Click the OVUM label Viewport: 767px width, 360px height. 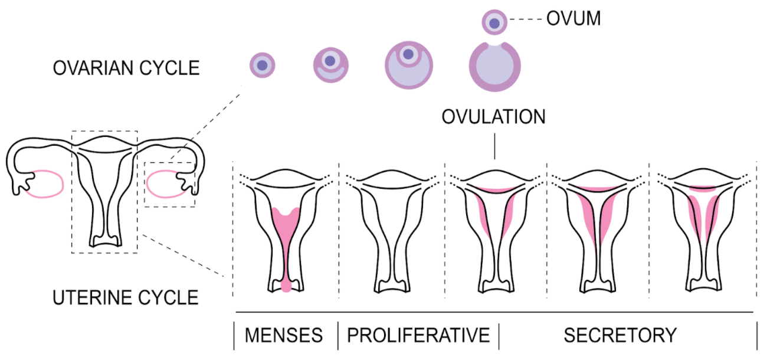573,19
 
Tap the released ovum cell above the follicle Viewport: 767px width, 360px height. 494,23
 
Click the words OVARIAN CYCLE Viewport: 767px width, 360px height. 126,68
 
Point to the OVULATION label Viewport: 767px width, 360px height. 494,117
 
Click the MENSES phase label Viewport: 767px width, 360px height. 284,335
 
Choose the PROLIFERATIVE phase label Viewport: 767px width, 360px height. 418,335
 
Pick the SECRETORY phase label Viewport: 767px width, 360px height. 619,335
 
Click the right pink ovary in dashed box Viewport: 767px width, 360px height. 165,184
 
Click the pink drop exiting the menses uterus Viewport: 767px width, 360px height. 287,287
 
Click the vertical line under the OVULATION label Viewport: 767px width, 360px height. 494,147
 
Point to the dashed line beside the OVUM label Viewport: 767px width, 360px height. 526,20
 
